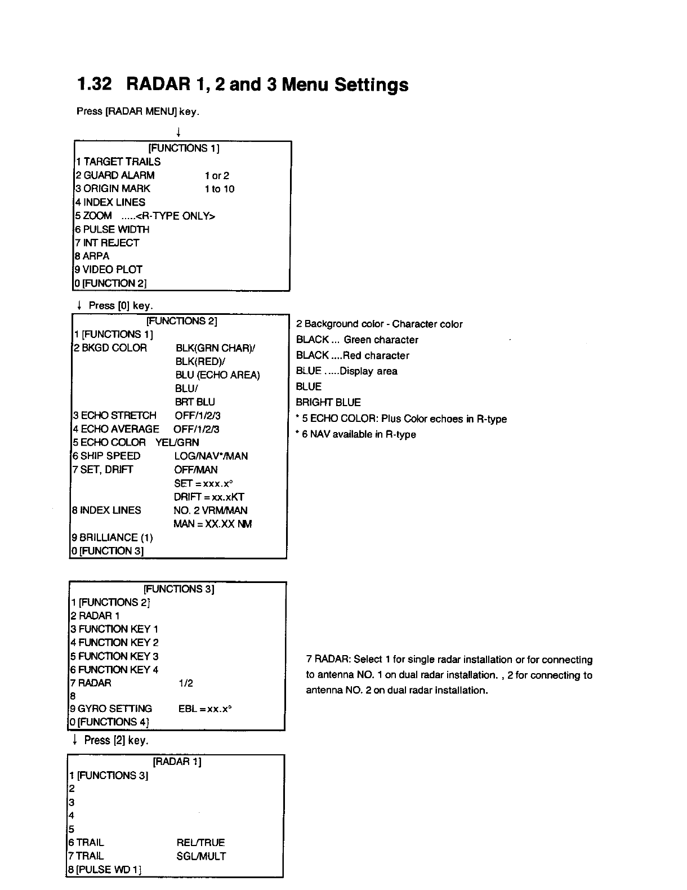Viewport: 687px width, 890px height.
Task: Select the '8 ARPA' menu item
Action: click(x=92, y=256)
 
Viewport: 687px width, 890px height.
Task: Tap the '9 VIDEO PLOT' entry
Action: click(x=109, y=270)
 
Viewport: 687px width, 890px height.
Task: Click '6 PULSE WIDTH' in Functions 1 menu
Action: click(x=112, y=229)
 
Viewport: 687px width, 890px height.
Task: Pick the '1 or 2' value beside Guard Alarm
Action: click(x=217, y=176)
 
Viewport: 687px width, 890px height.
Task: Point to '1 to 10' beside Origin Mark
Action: click(x=220, y=189)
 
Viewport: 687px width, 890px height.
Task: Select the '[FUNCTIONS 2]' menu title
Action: click(x=181, y=321)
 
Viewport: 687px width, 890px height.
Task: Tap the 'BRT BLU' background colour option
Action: click(x=195, y=402)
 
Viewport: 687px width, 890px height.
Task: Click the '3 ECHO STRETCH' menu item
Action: click(x=115, y=416)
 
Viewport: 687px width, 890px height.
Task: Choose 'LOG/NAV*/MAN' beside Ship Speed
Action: click(x=211, y=456)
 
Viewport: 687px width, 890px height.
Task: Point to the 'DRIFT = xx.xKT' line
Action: click(x=209, y=497)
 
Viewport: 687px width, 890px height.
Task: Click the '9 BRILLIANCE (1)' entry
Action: click(x=113, y=537)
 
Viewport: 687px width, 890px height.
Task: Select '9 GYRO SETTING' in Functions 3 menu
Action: click(x=111, y=709)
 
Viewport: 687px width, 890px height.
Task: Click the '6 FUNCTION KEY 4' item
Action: click(x=114, y=670)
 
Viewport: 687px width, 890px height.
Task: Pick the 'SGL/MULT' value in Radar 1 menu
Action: click(x=201, y=857)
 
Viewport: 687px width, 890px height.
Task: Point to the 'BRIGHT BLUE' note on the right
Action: click(x=328, y=403)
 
